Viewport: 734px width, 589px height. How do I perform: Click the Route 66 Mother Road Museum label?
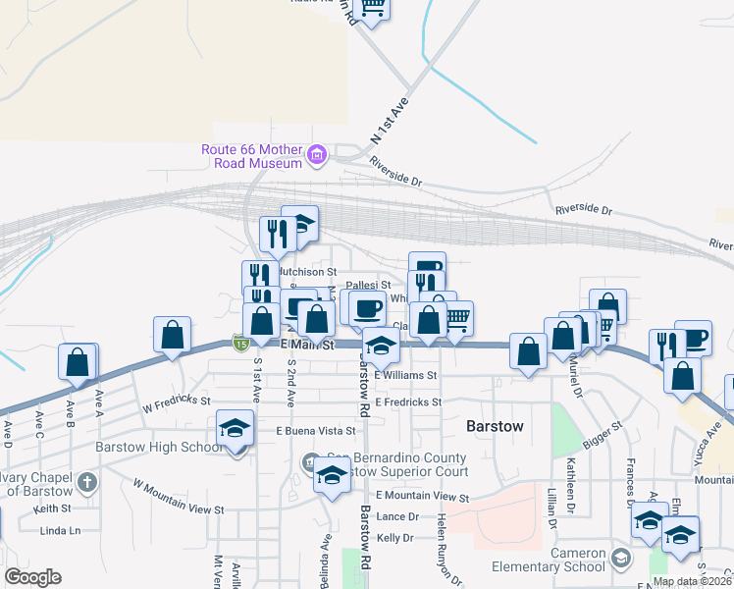251,156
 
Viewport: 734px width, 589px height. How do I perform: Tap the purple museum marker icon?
317,154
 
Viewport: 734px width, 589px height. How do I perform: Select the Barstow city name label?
496,427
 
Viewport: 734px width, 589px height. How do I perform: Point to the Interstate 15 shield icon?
239,342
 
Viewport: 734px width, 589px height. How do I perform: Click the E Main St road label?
308,346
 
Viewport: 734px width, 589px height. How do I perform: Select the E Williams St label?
404,375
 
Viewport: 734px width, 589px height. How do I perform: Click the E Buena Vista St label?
315,431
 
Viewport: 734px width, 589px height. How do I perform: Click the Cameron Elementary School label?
565,560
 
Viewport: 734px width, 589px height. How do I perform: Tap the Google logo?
33,577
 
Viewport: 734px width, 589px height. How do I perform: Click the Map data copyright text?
692,581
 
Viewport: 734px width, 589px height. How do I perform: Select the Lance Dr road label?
397,516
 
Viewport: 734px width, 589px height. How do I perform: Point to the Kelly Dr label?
396,538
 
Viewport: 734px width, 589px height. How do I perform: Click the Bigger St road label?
603,433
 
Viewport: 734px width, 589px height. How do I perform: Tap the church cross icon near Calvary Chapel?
87,482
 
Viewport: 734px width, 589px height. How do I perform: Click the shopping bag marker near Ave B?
77,362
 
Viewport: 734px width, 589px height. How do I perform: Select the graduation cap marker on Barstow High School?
236,429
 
